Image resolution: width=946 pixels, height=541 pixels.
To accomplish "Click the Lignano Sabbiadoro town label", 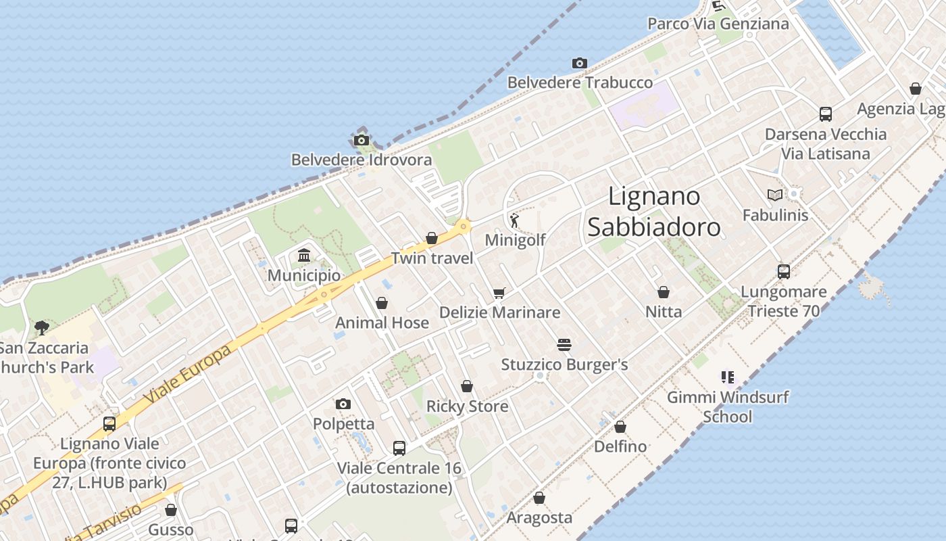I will [653, 212].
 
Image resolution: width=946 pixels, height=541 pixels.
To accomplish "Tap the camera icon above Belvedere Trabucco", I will [579, 64].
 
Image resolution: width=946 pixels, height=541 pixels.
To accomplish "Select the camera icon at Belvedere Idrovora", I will [362, 141].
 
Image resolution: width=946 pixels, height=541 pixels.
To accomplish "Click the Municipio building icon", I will [304, 256].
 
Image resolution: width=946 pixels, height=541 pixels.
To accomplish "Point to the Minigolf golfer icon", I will [515, 220].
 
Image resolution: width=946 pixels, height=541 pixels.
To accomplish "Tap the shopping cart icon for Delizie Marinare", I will [499, 293].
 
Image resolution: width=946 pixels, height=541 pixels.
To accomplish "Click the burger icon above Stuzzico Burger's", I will [564, 345].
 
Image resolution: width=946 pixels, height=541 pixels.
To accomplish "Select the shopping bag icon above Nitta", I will [664, 292].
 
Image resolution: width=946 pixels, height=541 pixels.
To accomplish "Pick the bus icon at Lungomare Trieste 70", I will [784, 272].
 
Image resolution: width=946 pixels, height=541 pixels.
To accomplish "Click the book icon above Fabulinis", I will [775, 195].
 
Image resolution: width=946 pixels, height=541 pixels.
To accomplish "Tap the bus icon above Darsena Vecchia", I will [825, 114].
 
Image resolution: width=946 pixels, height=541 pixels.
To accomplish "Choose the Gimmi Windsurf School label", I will [728, 406].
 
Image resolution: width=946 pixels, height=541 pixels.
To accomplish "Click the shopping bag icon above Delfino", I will [620, 427].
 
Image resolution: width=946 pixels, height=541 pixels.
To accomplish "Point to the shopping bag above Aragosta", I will [539, 498].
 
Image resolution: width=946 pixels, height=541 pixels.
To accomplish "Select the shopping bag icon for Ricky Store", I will [467, 387].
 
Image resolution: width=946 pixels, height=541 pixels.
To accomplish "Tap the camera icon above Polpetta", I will [343, 404].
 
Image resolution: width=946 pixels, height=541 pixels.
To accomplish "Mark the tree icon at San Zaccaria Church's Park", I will [42, 328].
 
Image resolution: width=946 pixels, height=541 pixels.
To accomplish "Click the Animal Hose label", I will [382, 323].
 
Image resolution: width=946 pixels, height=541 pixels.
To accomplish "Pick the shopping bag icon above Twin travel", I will [432, 238].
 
